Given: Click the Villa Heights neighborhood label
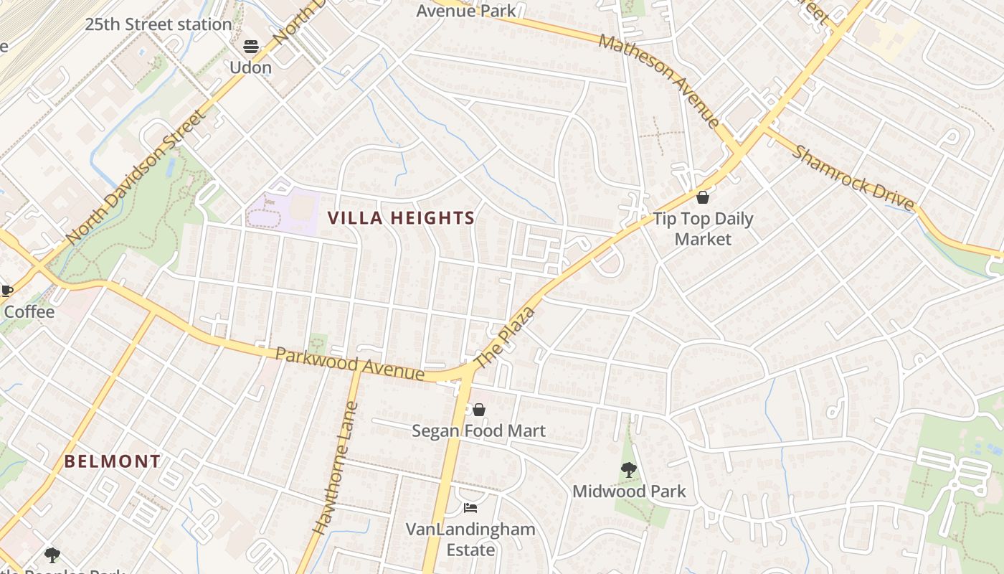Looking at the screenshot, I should click(402, 218).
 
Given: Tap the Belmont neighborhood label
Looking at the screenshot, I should click(113, 461).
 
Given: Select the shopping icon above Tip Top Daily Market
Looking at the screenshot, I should click(703, 197).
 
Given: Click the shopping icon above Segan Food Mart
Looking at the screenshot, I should click(478, 409).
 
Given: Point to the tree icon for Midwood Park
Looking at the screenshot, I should click(629, 470).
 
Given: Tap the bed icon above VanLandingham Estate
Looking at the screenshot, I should click(470, 508).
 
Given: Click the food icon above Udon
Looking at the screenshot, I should click(251, 47).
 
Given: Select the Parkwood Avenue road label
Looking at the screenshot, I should click(350, 364).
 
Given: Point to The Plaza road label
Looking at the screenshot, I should click(506, 337).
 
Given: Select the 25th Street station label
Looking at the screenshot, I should click(158, 24).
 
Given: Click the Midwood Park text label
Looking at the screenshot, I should click(629, 491).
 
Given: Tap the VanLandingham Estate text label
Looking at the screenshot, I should click(470, 540).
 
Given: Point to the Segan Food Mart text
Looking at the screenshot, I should click(478, 431).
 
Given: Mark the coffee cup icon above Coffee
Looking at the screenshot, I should click(7, 291).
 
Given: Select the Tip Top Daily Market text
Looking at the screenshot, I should click(703, 229).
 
